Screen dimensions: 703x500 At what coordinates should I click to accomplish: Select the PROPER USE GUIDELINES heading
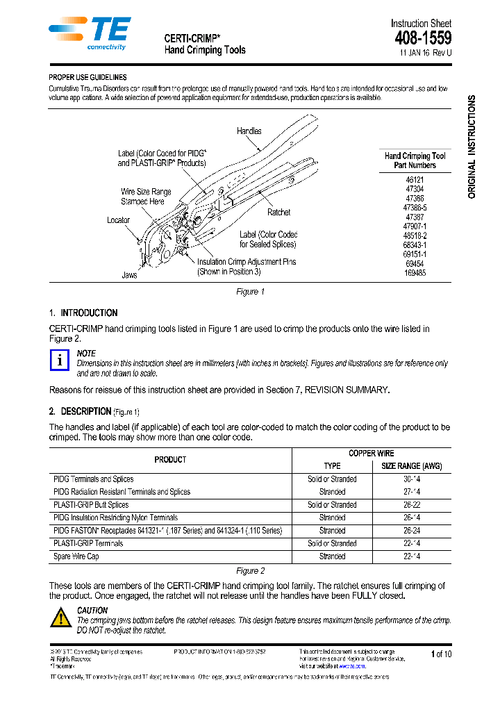pos(87,78)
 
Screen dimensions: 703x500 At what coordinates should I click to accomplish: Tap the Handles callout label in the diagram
pos(249,131)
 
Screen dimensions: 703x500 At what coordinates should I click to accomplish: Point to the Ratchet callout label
pos(278,212)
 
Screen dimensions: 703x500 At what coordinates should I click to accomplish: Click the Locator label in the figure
pos(118,220)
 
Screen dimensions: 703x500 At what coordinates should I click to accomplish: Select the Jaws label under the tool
pos(130,275)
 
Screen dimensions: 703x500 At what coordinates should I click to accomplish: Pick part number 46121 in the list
pos(415,179)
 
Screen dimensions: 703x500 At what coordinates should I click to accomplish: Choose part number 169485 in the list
pos(415,274)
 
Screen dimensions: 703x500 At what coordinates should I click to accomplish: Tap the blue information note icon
pos(61,360)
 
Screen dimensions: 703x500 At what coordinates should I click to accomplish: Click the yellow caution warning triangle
pos(61,618)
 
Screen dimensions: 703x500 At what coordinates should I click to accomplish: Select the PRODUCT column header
pos(170,460)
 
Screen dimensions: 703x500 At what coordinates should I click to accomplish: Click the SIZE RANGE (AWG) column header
pos(412,466)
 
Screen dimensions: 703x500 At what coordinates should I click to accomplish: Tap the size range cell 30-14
pos(412,479)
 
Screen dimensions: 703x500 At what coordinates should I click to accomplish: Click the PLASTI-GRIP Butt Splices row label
pos(91,505)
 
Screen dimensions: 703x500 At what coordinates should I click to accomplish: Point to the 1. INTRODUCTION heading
pos(83,313)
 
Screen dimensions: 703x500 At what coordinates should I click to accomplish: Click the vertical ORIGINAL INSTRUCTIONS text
pos(472,147)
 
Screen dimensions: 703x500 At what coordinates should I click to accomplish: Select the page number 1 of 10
pos(441,654)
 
